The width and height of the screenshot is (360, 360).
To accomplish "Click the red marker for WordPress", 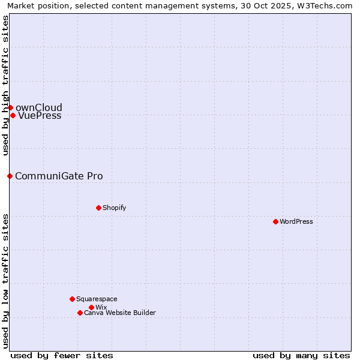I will (275, 221).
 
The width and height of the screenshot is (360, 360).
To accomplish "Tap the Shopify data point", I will (98, 208).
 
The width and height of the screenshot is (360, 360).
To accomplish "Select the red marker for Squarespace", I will (72, 299).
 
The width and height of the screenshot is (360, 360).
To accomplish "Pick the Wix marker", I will (91, 307).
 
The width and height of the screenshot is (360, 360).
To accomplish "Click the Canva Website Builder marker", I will (80, 313).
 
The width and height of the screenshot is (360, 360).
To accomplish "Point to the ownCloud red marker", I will (10, 107).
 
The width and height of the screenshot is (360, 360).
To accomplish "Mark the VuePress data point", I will (13, 115).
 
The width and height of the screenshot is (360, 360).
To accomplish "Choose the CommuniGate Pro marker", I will (10, 176).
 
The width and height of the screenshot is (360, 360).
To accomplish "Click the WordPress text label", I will (296, 221).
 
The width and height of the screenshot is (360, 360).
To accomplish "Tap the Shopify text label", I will (114, 208).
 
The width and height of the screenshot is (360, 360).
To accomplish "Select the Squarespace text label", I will (97, 299).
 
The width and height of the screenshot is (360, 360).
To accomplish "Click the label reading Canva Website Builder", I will (119, 313).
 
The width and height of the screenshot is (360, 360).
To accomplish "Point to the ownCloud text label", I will (38, 108).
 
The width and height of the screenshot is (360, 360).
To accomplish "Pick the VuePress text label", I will (40, 116).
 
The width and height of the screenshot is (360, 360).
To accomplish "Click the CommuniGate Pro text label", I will (59, 176).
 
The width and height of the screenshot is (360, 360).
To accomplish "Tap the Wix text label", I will (101, 307).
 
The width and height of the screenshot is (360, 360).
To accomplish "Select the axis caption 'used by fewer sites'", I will (62, 355).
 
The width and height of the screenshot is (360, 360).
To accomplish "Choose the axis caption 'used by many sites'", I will (301, 355).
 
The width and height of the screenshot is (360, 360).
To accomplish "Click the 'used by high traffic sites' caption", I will (5, 85).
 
